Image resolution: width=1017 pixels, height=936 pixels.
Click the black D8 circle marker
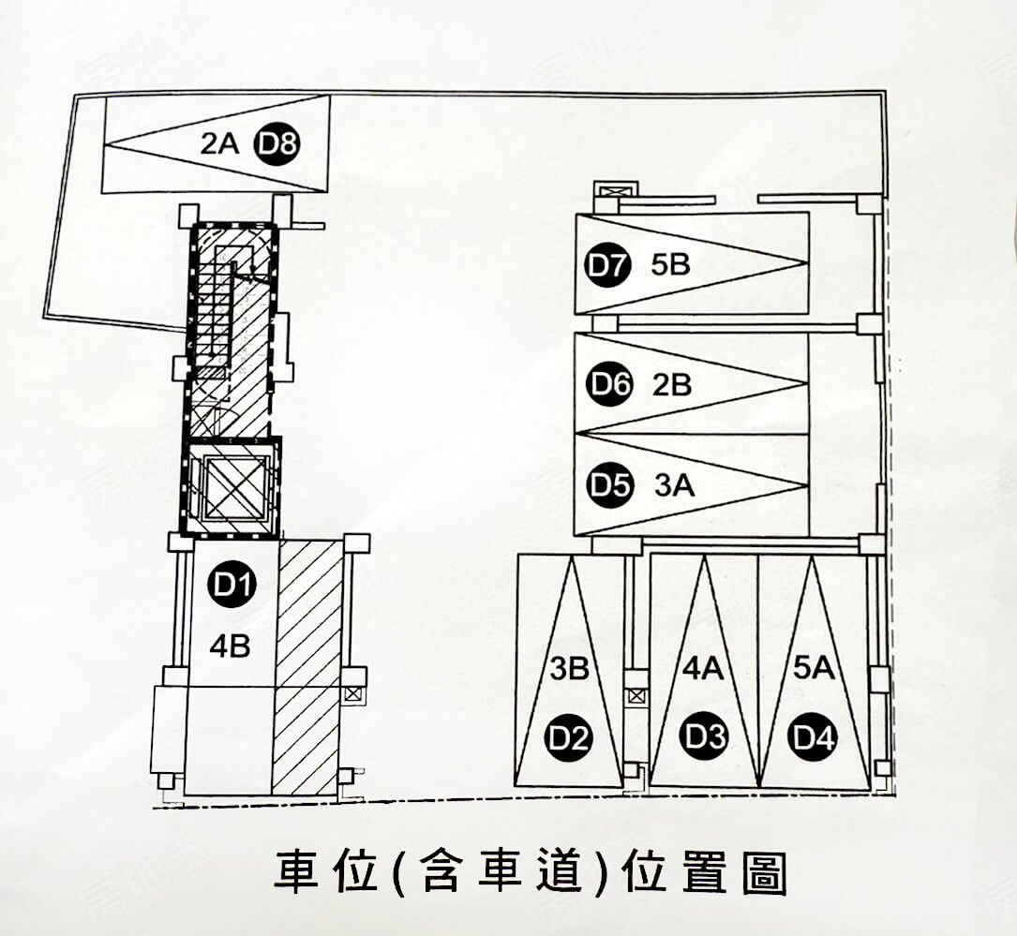(278, 144)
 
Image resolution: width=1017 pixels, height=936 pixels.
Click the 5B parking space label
(669, 265)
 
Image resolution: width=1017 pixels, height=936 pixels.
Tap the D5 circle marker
(607, 485)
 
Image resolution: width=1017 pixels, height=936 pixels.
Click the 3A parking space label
(673, 485)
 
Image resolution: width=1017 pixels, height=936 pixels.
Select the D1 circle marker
(231, 586)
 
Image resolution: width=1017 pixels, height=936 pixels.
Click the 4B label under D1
(230, 646)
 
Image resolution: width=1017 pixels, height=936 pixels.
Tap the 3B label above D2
(569, 669)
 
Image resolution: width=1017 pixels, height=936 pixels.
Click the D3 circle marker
(704, 738)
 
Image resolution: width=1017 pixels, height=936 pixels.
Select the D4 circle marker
(813, 738)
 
